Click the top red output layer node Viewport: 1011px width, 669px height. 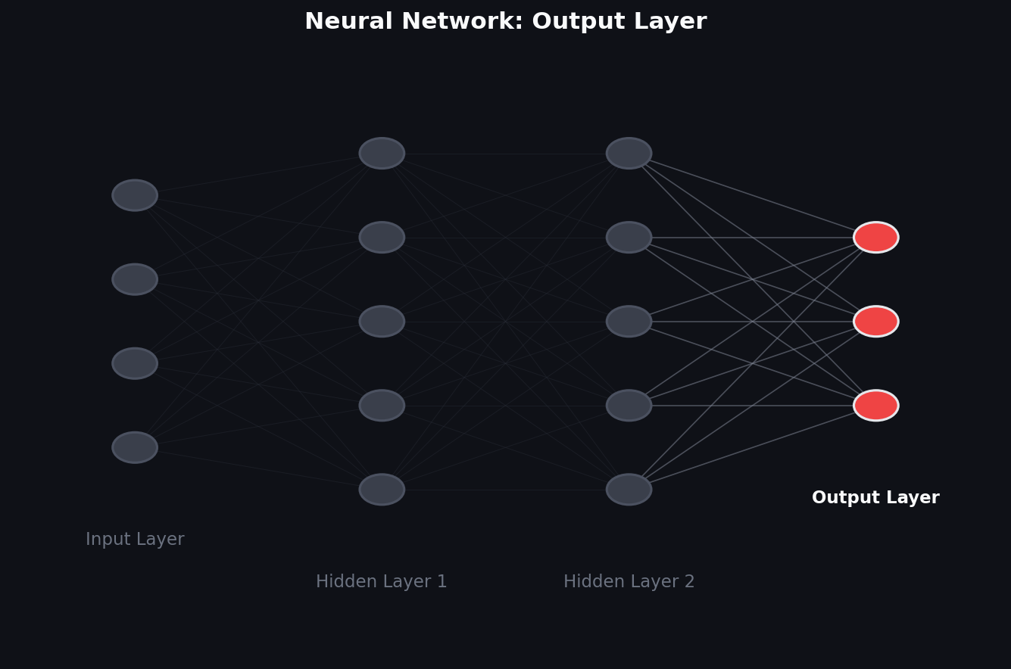pos(875,238)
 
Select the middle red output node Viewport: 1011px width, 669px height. pos(875,321)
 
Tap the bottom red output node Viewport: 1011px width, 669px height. pos(875,405)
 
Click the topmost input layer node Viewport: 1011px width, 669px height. pos(135,195)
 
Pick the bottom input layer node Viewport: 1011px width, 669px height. pos(135,447)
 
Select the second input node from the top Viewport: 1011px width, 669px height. pos(135,279)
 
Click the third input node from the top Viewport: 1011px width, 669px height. pos(135,363)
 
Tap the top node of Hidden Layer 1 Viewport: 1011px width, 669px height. pos(382,154)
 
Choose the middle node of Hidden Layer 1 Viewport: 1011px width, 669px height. pos(382,321)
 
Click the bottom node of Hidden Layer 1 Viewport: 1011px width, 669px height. pos(382,489)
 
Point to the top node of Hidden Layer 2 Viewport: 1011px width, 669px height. pos(629,154)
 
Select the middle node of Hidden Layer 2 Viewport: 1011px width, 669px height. pos(629,321)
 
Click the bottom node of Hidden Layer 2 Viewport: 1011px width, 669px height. pos(629,489)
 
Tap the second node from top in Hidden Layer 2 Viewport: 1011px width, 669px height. pos(629,238)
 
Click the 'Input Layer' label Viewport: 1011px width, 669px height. pos(135,539)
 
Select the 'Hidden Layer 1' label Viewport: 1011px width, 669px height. pos(382,581)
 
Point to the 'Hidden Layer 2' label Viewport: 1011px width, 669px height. pos(629,581)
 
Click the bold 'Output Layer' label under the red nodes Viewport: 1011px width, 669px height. pos(875,497)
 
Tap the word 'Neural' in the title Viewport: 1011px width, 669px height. pos(348,21)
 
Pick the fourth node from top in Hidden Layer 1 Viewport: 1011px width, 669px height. pos(382,405)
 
